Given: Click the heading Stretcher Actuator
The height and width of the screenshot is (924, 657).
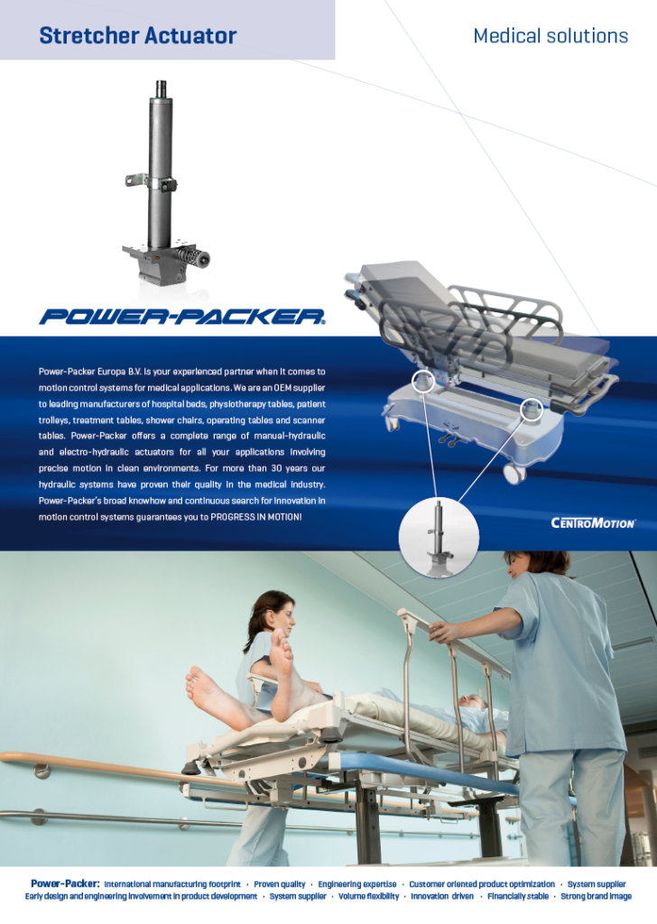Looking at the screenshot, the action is pos(138,36).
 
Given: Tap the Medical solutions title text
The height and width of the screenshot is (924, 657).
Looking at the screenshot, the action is pos(551,36).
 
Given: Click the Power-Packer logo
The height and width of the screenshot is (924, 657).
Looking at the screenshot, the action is pos(182,317).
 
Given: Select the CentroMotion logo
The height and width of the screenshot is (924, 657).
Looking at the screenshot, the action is pos(593,522).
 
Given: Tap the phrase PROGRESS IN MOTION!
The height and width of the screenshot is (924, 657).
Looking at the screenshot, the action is pos(256,517).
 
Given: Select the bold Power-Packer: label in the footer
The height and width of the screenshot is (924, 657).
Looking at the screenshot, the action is pos(65,883).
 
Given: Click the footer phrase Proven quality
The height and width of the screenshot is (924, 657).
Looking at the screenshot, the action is pos(279,884).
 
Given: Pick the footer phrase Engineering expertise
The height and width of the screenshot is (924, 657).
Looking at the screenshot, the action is pos(357,884).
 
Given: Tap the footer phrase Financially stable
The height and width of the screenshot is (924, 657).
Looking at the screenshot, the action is pos(518,896).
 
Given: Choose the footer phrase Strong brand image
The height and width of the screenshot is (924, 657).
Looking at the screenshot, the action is pos(597,896).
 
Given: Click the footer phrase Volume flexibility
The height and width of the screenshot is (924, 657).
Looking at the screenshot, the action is pos(369,896).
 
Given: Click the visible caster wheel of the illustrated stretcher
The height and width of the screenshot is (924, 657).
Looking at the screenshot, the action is pos(514,473).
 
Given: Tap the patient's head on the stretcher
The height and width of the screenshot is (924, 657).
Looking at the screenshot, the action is pos(472,702).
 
